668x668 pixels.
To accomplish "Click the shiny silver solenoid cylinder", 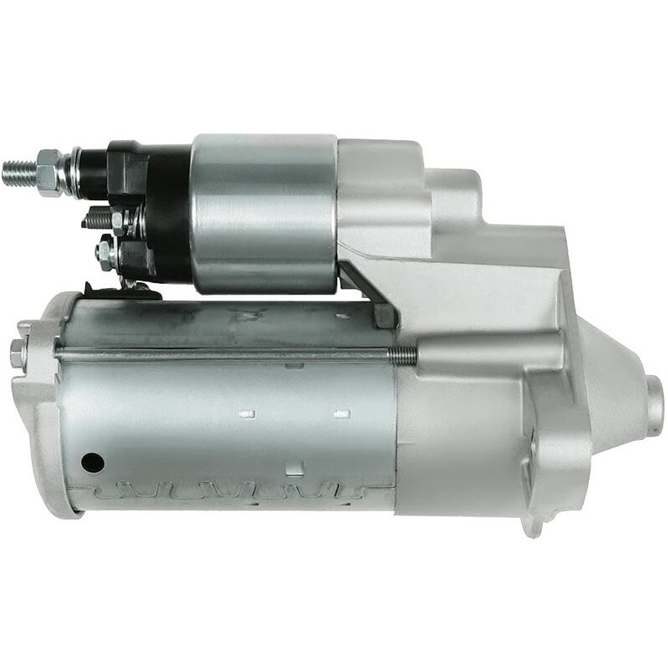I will (x=263, y=213).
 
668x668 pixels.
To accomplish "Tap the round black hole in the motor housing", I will (x=91, y=460).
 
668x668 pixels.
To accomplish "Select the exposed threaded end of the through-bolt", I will (x=404, y=354).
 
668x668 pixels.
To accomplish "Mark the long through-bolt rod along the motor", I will (x=225, y=354).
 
